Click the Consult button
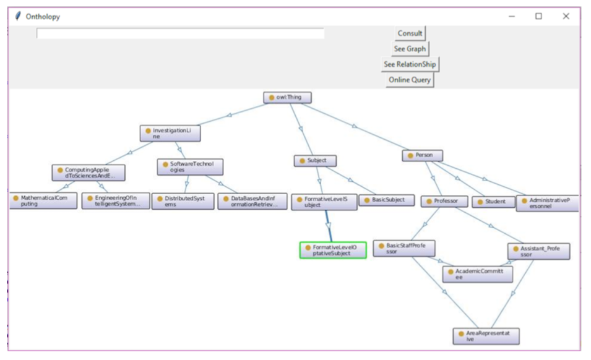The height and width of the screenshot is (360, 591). pos(410,33)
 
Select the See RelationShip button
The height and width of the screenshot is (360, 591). pos(410,64)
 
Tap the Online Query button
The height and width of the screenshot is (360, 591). pos(410,80)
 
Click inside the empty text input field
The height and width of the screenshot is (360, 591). pos(180,33)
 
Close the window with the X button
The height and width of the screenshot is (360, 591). pos(566,16)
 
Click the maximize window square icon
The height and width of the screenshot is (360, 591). pos(538,16)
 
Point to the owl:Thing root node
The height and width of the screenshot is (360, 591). pos(287,98)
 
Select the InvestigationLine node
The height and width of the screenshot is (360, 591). pos(170,134)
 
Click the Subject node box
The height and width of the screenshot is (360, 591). pos(315,161)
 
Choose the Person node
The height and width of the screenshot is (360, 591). pos(422,155)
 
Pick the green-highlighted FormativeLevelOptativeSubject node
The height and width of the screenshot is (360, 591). pos(333,251)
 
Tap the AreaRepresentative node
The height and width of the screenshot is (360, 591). pos(486,336)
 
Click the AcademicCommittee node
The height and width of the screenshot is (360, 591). pos(478,274)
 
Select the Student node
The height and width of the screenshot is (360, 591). pos(493,202)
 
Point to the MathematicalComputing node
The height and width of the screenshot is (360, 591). pos(43,200)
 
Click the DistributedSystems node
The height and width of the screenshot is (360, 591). pos(183,202)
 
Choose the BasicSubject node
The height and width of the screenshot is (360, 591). pos(387,200)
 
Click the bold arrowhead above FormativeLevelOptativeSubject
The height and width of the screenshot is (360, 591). pos(328,226)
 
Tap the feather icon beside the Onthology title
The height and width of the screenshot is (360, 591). pos(18,16)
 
